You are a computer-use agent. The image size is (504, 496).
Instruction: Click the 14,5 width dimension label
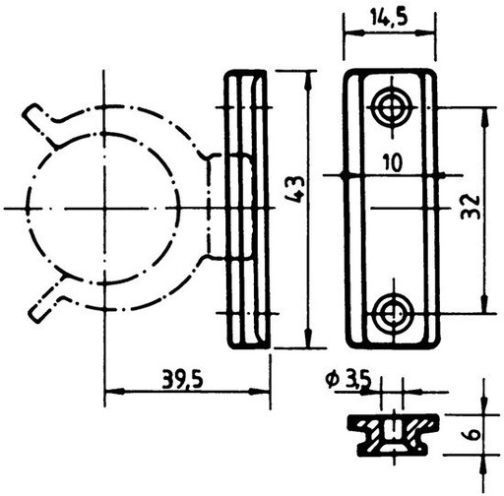click(x=390, y=18)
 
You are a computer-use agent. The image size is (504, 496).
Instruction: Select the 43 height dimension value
click(x=295, y=189)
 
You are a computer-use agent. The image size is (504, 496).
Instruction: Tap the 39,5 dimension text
click(x=182, y=381)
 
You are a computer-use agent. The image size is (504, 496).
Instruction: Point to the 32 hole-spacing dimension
click(x=471, y=207)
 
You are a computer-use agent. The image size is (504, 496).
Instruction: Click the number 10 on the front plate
click(x=393, y=163)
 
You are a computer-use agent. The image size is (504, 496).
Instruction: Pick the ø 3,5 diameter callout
click(x=348, y=380)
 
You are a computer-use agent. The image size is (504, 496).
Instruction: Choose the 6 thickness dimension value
click(x=471, y=435)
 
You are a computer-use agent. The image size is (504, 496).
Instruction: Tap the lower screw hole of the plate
click(x=393, y=313)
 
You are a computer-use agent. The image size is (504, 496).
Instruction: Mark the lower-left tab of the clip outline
click(x=46, y=300)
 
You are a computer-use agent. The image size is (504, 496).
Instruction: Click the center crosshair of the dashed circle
click(x=104, y=208)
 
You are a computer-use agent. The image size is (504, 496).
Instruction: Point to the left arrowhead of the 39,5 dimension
click(x=114, y=392)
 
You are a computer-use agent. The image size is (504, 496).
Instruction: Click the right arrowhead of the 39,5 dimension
click(x=260, y=392)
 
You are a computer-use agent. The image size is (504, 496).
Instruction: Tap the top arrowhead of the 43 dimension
click(x=308, y=81)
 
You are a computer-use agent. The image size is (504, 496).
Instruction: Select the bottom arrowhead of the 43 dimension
click(x=308, y=338)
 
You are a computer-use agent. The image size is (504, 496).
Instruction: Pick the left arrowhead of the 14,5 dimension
click(x=353, y=32)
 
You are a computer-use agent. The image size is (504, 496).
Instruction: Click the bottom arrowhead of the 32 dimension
click(x=484, y=303)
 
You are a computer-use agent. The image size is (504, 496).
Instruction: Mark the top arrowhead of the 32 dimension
click(x=484, y=117)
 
